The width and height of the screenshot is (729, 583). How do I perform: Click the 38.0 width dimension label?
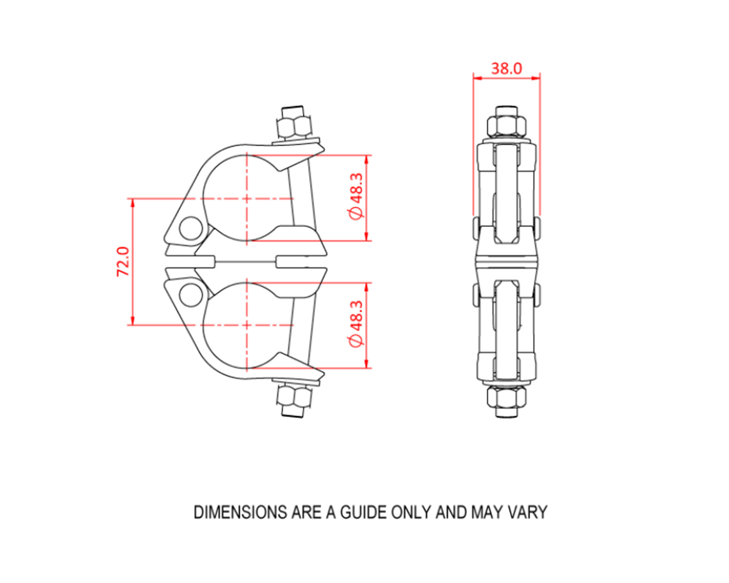tap(506, 69)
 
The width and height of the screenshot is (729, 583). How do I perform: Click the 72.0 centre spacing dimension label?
tap(123, 261)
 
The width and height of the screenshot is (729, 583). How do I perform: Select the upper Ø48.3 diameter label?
tap(356, 196)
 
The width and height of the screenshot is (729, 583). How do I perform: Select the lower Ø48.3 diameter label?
tap(356, 324)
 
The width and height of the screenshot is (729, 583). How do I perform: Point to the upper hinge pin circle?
tap(191, 228)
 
